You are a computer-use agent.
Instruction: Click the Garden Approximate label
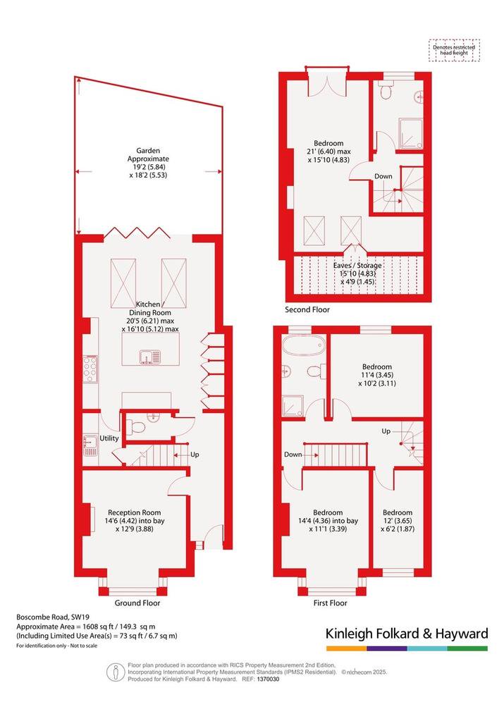(148, 154)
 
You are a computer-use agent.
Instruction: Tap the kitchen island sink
(149, 357)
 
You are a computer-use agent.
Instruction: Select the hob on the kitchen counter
(90, 369)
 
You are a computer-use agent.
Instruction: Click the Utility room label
(109, 438)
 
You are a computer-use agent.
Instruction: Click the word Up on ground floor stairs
(195, 455)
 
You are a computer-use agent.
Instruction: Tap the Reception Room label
(134, 512)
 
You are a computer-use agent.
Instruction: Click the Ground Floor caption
(137, 603)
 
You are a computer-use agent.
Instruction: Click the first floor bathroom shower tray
(293, 406)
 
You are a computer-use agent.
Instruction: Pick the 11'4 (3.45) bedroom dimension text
(376, 375)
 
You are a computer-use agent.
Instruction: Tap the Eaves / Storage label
(357, 266)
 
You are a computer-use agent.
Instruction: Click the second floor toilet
(385, 90)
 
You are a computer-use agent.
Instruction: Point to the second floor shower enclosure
(411, 134)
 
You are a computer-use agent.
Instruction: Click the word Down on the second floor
(383, 176)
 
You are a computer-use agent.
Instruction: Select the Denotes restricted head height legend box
(454, 50)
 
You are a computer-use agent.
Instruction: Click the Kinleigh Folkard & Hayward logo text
(407, 634)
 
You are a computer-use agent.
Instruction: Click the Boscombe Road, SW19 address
(43, 617)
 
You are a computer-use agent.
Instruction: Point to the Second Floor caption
(307, 309)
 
